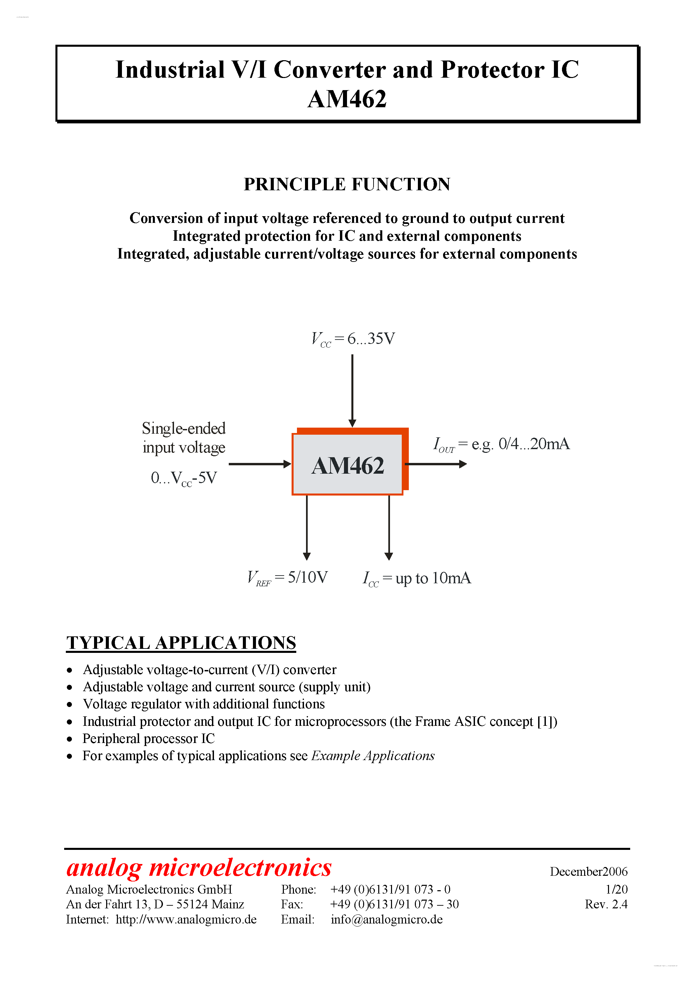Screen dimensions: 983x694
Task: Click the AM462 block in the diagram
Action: (347, 465)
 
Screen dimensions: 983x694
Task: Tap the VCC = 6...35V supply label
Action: (353, 339)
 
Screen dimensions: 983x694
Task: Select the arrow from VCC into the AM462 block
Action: (352, 390)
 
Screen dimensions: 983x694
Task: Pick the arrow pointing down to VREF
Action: (307, 526)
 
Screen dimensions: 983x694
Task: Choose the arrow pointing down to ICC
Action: (389, 526)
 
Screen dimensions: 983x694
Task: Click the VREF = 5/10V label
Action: (288, 578)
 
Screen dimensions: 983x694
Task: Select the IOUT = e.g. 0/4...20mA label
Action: (501, 444)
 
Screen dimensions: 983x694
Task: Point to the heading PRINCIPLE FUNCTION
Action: (347, 184)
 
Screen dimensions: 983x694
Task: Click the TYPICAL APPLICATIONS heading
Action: (181, 643)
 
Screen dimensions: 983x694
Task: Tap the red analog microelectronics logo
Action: (199, 867)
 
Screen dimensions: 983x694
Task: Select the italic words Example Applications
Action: (373, 756)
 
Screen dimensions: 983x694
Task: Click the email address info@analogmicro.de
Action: (386, 919)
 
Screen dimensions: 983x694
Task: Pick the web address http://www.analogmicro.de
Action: (186, 919)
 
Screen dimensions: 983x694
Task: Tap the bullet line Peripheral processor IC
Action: (148, 739)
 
